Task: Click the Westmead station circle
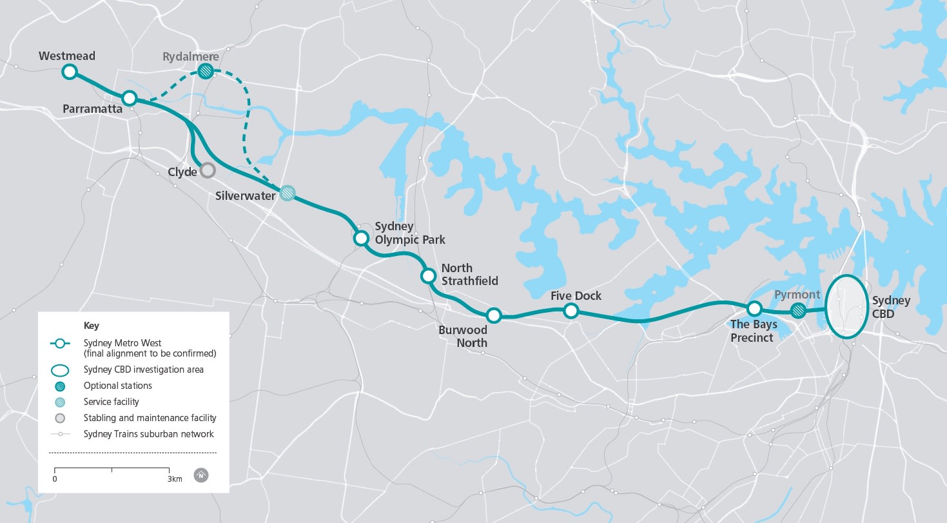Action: pyautogui.click(x=70, y=72)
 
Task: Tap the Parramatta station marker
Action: pyautogui.click(x=130, y=98)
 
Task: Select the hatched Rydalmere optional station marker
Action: pyautogui.click(x=206, y=71)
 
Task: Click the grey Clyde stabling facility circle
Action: pyautogui.click(x=207, y=170)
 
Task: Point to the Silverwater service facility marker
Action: pyautogui.click(x=288, y=192)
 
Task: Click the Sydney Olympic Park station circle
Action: pyautogui.click(x=361, y=239)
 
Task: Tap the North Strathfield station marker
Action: pyautogui.click(x=428, y=276)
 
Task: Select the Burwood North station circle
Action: pyautogui.click(x=494, y=315)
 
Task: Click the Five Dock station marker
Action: pyautogui.click(x=571, y=311)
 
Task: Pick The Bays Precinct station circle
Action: pyautogui.click(x=754, y=308)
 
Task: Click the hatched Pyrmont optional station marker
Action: pyautogui.click(x=798, y=311)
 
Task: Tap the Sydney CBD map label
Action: pyautogui.click(x=891, y=307)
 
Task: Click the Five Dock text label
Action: pyautogui.click(x=576, y=295)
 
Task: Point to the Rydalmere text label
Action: pyautogui.click(x=191, y=57)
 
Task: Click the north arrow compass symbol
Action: pyautogui.click(x=202, y=476)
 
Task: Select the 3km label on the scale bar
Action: pyautogui.click(x=175, y=479)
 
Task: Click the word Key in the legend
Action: pyautogui.click(x=92, y=326)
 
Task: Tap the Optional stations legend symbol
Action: pyautogui.click(x=60, y=386)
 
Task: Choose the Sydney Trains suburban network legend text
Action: pyautogui.click(x=148, y=434)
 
